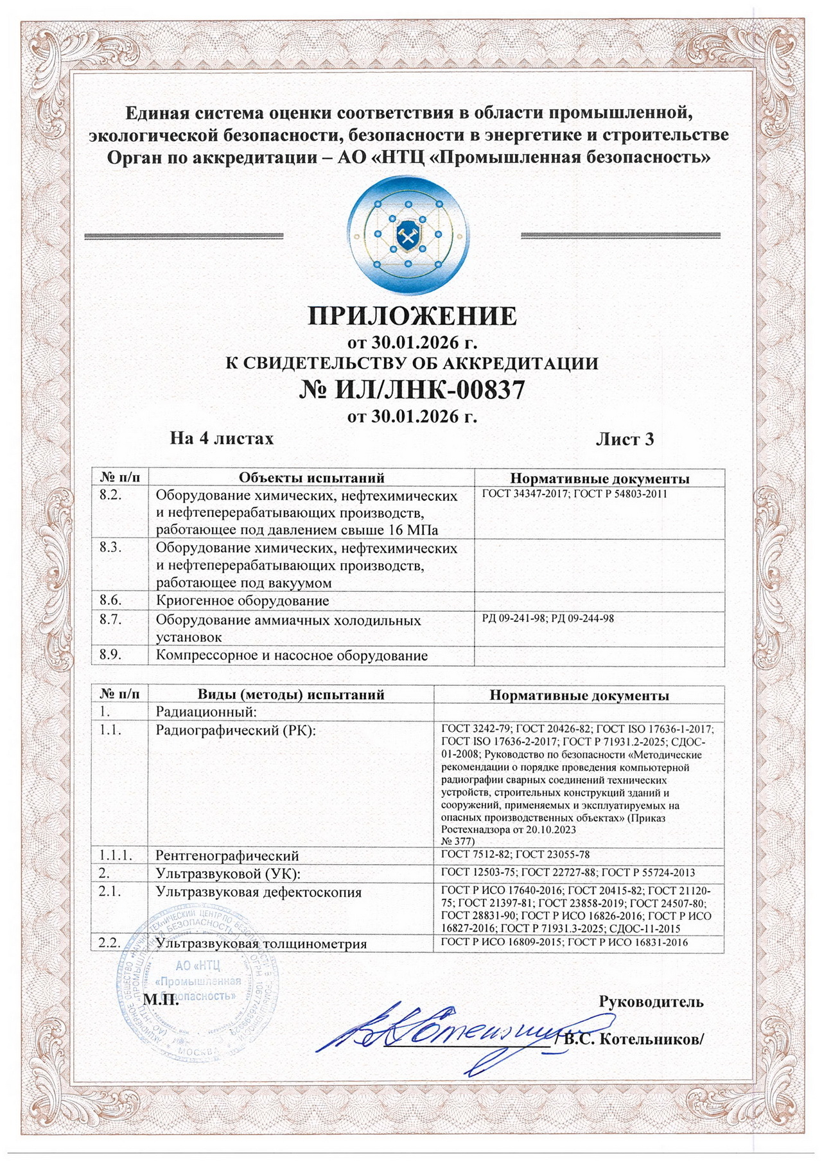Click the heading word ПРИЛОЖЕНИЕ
[x=412, y=317]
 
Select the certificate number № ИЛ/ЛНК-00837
[x=412, y=389]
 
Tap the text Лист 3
[x=624, y=439]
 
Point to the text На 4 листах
[x=222, y=438]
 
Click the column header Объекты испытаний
[x=311, y=478]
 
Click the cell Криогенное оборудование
[x=243, y=601]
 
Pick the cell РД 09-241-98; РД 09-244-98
[x=548, y=618]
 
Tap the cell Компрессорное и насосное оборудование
[x=292, y=655]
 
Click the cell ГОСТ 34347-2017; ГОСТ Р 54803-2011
[x=574, y=494]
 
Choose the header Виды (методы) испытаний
[x=291, y=695]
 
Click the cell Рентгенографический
[x=227, y=856]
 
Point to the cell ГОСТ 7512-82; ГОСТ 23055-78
[x=515, y=854]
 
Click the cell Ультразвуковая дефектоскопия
[x=259, y=892]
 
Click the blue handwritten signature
[x=443, y=1039]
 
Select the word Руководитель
[x=651, y=1002]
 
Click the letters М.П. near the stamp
[x=162, y=1000]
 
